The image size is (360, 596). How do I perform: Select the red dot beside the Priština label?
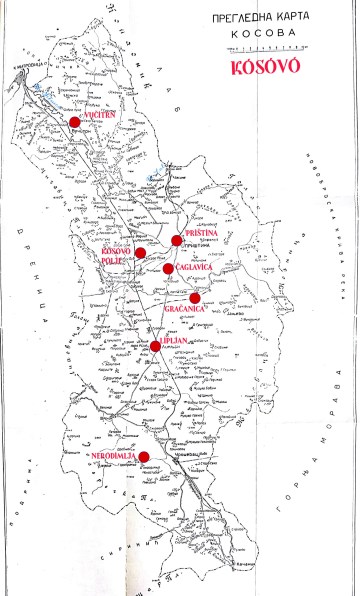(177, 240)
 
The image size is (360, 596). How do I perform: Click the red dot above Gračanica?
(195, 297)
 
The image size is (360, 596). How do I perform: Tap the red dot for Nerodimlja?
(143, 457)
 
